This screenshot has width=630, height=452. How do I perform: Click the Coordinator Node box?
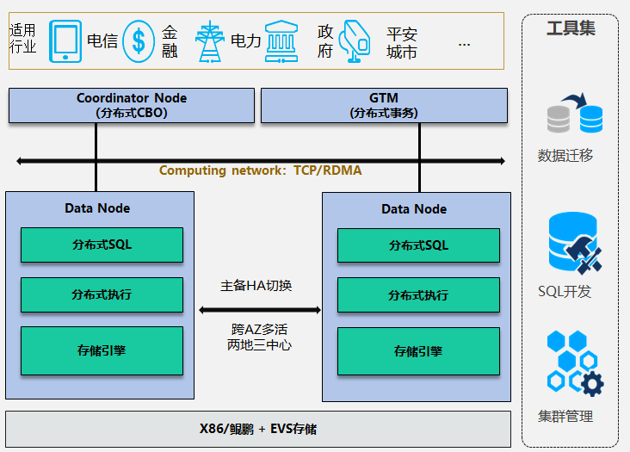[132, 105]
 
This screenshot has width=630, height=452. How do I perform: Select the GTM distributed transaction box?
[384, 105]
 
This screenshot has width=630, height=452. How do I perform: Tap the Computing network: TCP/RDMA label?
[260, 170]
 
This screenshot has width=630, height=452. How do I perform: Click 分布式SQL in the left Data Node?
[102, 245]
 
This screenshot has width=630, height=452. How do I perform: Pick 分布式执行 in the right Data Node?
[418, 294]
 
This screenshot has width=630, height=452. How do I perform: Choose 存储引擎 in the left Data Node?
[102, 350]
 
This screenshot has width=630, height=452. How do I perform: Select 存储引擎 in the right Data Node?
[418, 351]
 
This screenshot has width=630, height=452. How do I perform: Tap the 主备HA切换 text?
[256, 285]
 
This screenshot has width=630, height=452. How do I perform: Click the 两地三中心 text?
[259, 344]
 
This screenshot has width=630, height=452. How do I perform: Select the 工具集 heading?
[571, 28]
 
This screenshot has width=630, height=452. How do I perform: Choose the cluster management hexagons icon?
[574, 362]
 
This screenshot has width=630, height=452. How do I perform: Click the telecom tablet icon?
[66, 40]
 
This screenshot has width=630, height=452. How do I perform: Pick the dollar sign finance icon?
[139, 40]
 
